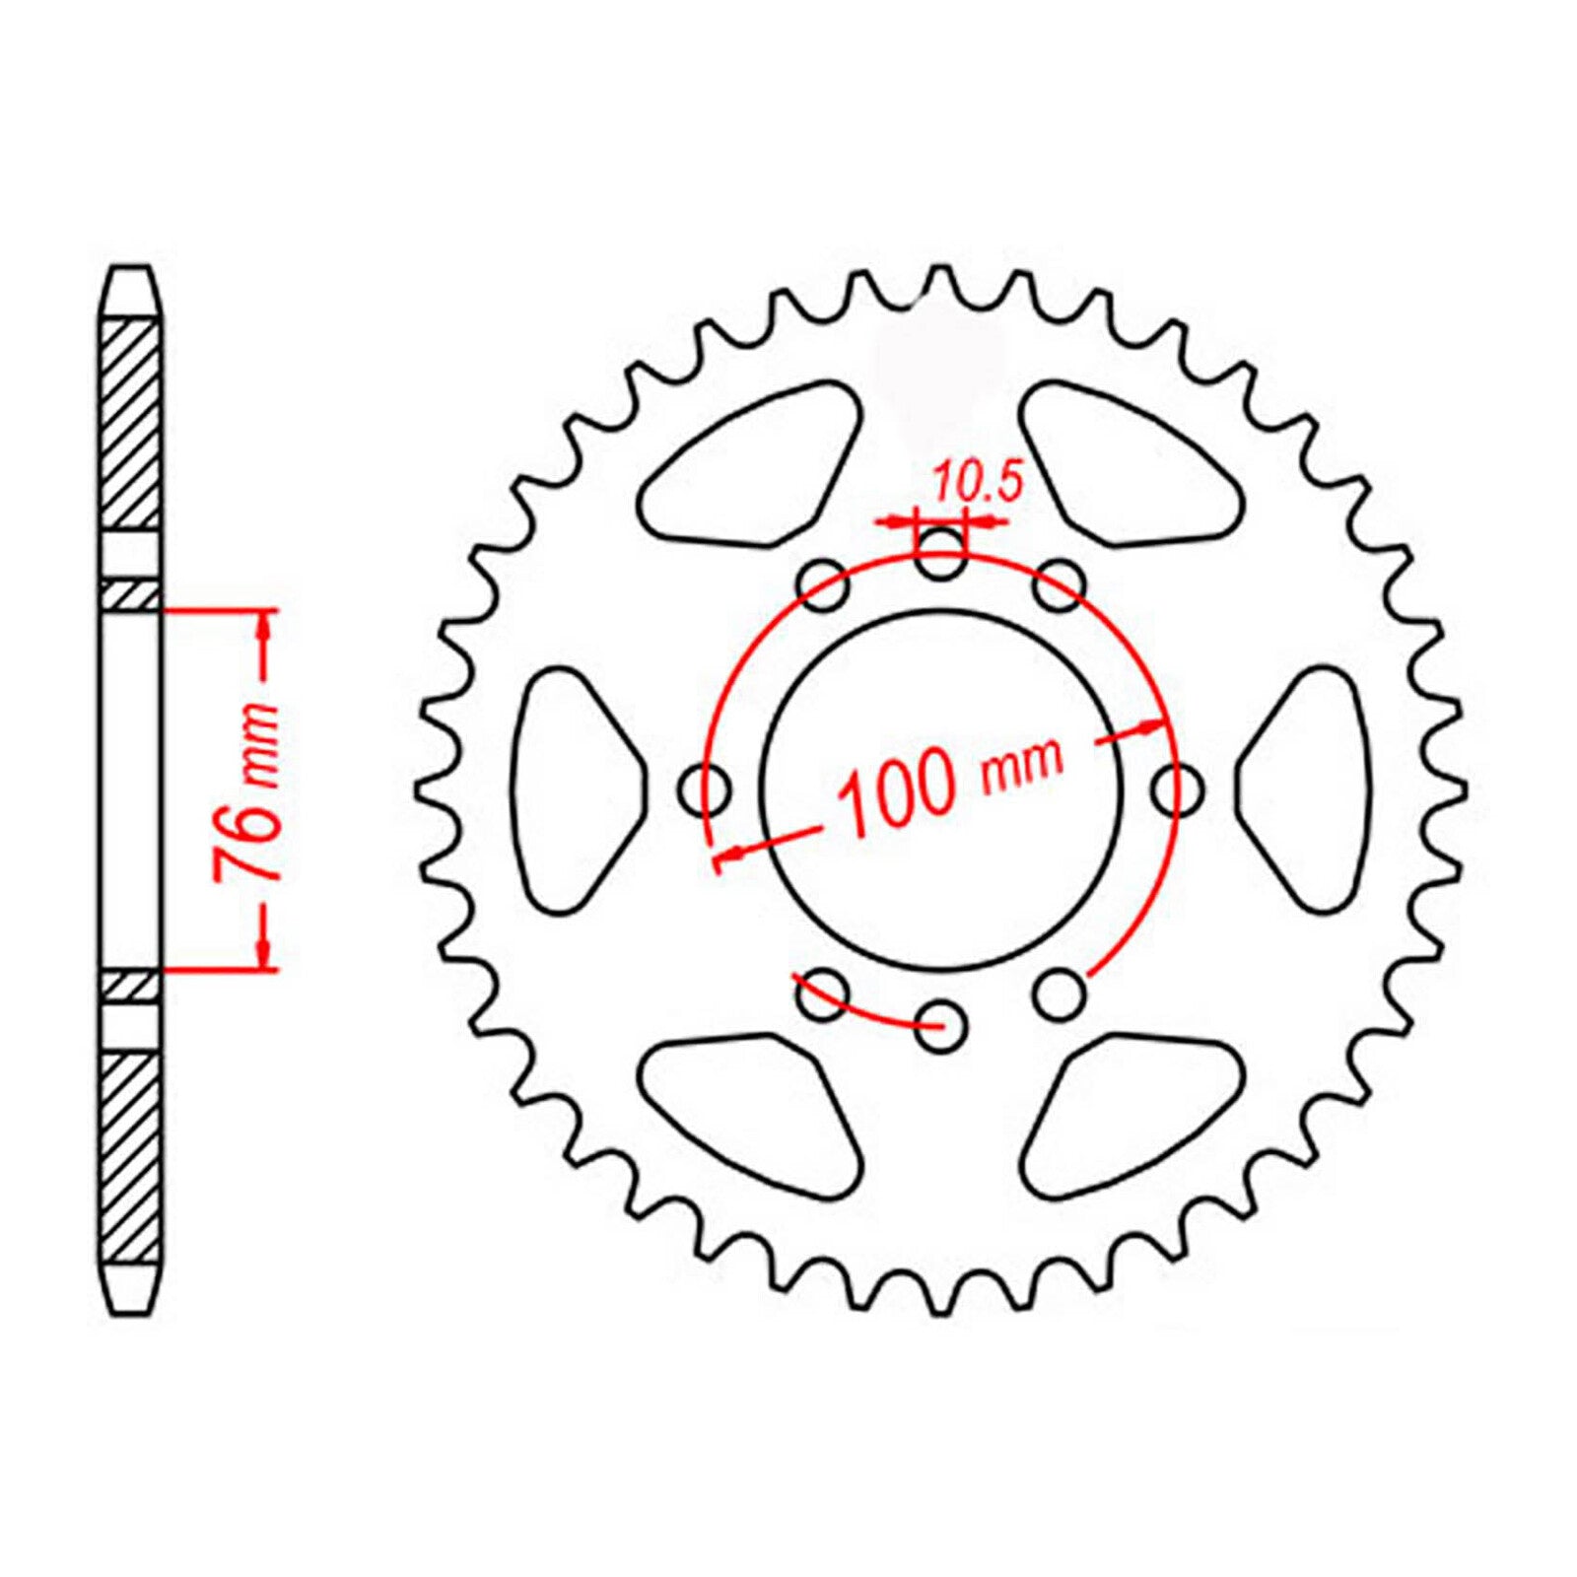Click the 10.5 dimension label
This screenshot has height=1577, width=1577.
972,485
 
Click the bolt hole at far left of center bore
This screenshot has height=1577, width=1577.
705,789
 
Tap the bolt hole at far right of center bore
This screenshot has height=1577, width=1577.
1179,789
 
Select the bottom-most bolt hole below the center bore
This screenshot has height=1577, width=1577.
940,1026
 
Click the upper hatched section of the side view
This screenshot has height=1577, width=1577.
130,424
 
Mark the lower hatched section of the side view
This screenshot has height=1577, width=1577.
130,1158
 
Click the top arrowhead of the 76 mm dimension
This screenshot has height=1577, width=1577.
264,621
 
